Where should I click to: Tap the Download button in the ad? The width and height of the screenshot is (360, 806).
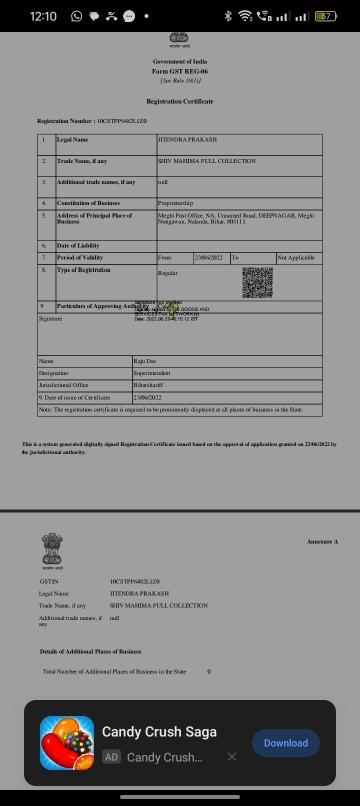[285, 743]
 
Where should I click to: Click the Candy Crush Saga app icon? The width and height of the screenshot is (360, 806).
[67, 743]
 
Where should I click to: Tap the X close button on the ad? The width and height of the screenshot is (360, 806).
[232, 756]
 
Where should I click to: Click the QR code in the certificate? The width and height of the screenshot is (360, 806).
[257, 282]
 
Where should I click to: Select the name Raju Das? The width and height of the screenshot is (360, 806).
[144, 361]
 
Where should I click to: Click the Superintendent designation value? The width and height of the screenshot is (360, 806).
[151, 373]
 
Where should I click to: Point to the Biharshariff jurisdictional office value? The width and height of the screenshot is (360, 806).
[148, 385]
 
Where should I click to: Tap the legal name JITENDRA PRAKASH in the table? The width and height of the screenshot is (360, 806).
[187, 139]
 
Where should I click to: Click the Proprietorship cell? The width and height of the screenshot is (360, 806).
[175, 203]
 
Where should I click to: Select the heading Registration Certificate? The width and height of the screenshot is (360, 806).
[180, 101]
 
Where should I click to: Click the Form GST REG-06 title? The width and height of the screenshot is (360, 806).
[180, 71]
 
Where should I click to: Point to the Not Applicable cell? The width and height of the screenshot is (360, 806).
[296, 257]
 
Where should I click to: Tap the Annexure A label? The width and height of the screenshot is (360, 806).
[322, 541]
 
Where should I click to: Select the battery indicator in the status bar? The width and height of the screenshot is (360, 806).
[326, 16]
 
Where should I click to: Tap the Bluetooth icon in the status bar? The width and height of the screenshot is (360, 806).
[228, 16]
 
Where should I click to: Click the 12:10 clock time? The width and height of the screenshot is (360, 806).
[43, 16]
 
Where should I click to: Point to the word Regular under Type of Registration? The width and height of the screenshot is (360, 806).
[167, 273]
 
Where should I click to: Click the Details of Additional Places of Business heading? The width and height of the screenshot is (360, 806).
[90, 651]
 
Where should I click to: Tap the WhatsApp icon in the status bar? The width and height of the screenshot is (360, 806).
[76, 16]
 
